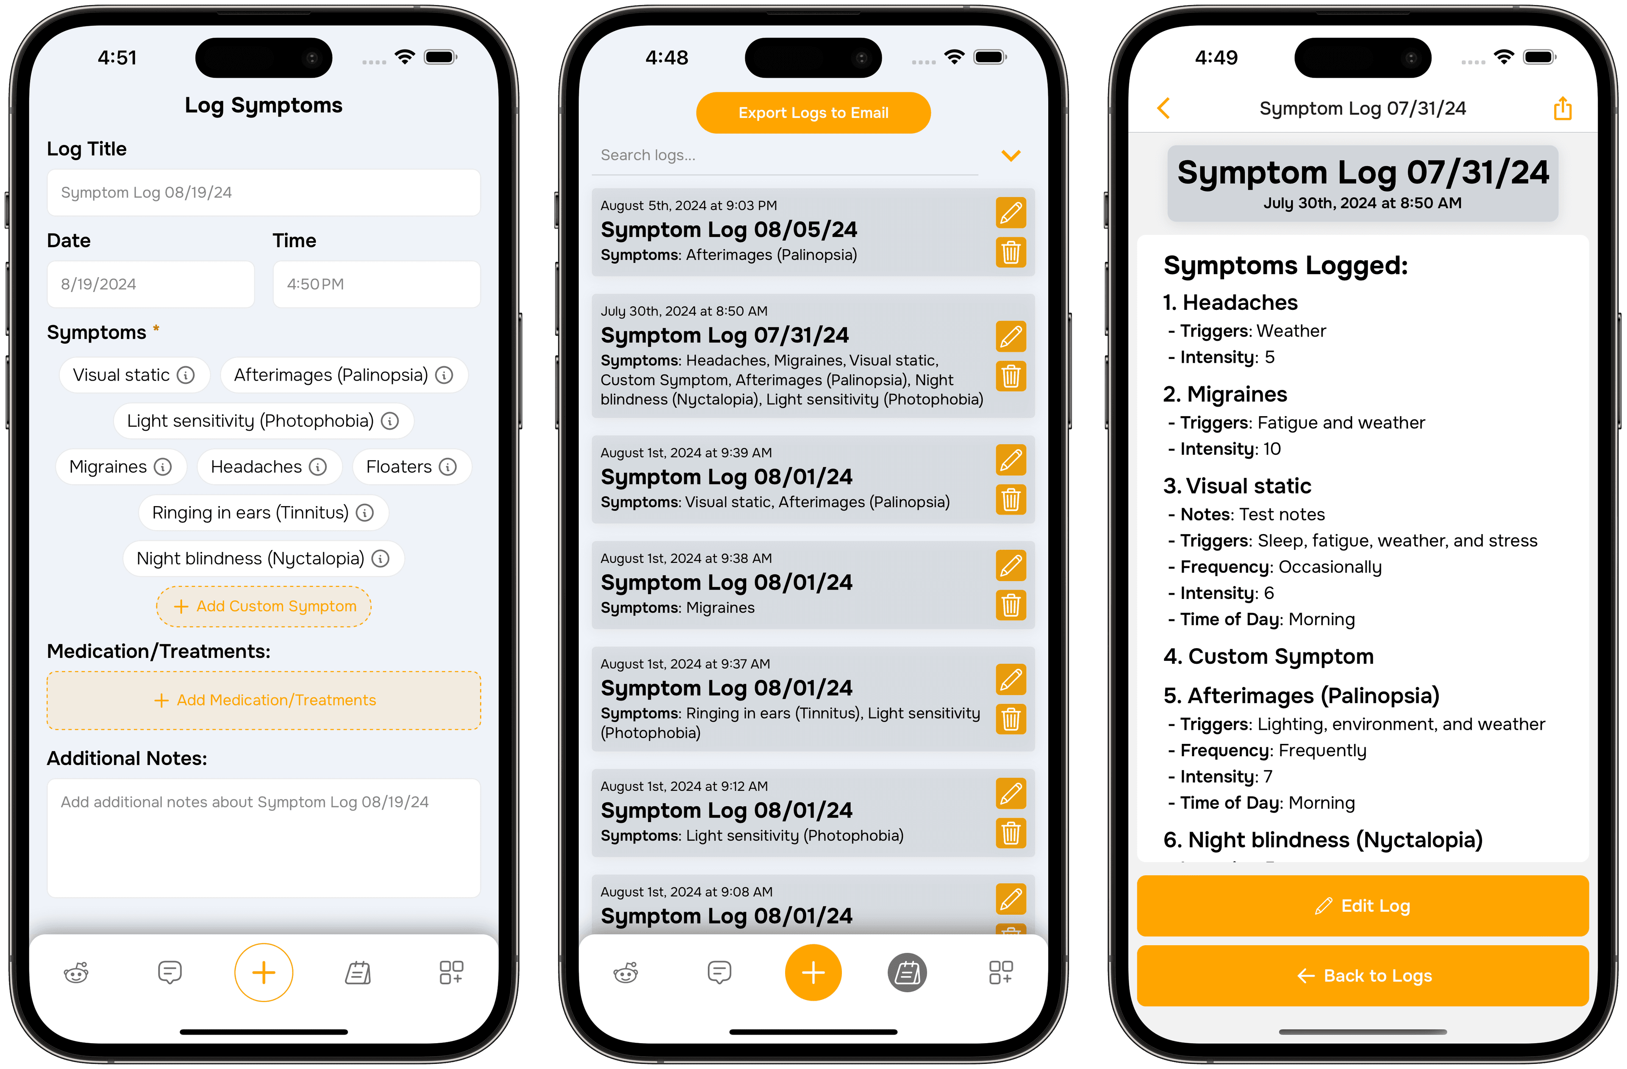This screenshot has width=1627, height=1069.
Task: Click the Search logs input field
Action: coord(786,155)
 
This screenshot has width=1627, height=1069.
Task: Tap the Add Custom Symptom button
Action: coord(264,606)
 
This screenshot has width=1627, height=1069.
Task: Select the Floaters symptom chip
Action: coord(411,466)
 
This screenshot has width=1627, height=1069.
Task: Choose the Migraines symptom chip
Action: coord(120,466)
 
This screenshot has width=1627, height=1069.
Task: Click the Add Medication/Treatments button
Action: coord(264,700)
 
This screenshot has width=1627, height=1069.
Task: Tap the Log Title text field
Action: coord(264,192)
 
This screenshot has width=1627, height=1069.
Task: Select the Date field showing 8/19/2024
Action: coord(150,284)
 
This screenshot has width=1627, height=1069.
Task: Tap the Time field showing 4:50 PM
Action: coord(377,284)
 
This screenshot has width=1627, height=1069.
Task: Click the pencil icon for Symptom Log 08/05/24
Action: coord(1011,213)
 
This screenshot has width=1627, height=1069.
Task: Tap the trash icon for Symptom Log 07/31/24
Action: coord(1011,376)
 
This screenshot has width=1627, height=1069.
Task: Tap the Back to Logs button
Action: coord(1363,975)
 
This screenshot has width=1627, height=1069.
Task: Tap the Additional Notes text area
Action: coord(264,838)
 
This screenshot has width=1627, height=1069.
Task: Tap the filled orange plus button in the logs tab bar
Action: coord(813,972)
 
